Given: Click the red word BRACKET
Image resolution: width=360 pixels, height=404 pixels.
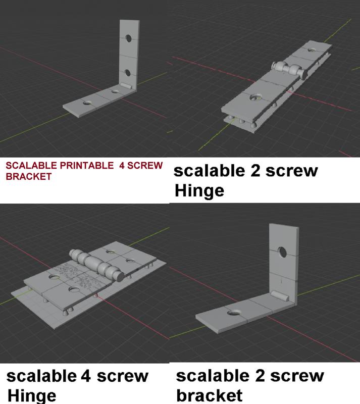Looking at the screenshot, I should coord(28,177).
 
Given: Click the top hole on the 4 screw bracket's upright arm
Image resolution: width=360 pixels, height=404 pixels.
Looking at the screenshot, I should coord(129,38).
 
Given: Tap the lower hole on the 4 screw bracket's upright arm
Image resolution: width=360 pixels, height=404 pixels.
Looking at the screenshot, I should coord(128,72).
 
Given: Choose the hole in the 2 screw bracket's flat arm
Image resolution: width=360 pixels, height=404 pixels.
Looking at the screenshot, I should coord(233,314).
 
